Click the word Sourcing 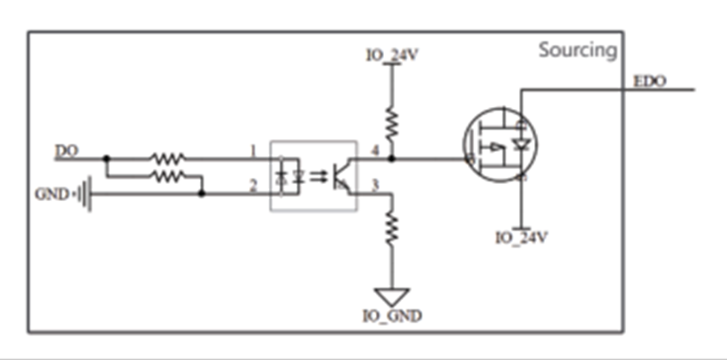coord(578,50)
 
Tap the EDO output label coord(649,81)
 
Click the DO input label coord(67,151)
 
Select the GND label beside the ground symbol coord(52,195)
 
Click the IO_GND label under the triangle coord(392,316)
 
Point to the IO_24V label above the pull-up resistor coord(392,55)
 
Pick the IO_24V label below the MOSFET coord(522,238)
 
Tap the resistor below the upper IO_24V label coord(392,124)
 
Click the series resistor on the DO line coord(167,159)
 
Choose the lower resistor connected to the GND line coord(167,176)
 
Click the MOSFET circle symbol coord(500,145)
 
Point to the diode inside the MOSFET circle coord(522,146)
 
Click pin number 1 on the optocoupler coord(253,151)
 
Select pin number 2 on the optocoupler coord(253,186)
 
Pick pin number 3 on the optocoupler coord(375,186)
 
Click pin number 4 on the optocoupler coord(375,151)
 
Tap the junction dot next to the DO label coord(106,159)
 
